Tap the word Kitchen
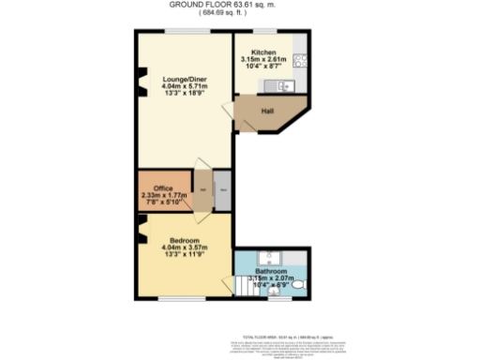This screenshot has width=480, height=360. tap(264, 52)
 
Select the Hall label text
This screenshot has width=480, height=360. tap(267, 112)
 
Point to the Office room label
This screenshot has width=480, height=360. tap(163, 187)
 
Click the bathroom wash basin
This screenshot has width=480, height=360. tap(272, 255)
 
